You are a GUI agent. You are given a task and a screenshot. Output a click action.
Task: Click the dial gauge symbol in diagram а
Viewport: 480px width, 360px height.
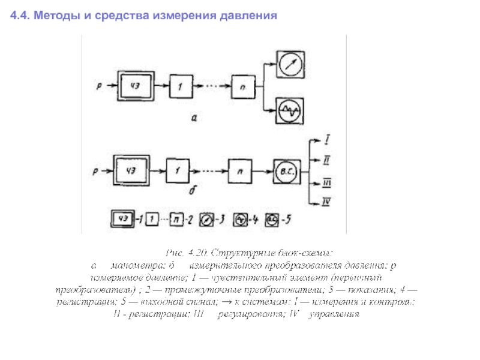pyautogui.click(x=290, y=63)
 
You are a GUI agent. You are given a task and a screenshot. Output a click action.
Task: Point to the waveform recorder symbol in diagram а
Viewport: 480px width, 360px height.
pyautogui.click(x=290, y=111)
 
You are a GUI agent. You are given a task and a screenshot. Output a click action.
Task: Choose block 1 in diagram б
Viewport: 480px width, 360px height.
pyautogui.click(x=178, y=172)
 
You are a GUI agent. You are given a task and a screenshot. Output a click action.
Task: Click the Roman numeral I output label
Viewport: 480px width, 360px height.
pyautogui.click(x=326, y=140)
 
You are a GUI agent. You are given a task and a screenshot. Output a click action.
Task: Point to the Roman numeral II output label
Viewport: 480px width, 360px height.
pyautogui.click(x=327, y=160)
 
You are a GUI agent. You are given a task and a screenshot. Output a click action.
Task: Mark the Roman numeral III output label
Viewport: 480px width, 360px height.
pyautogui.click(x=327, y=182)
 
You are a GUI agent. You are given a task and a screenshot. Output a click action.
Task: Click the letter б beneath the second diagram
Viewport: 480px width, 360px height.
pyautogui.click(x=191, y=191)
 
